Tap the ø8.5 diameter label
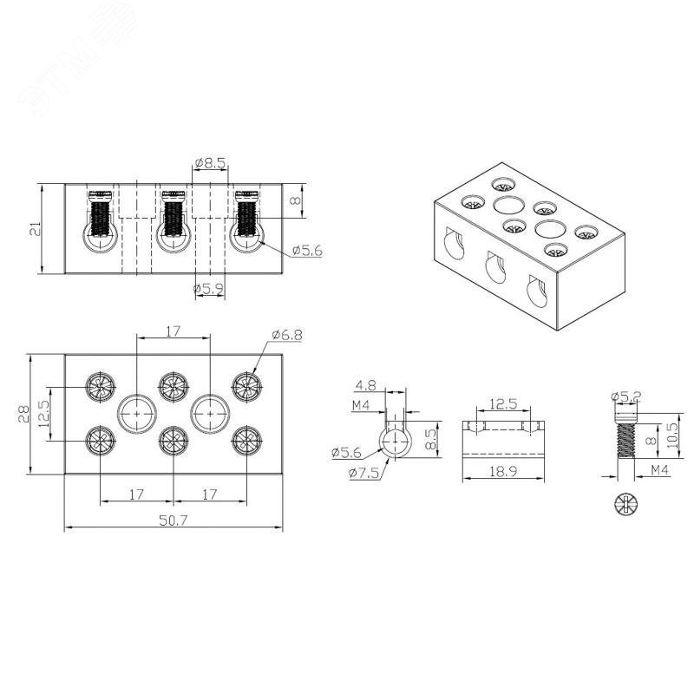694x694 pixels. coord(210,162)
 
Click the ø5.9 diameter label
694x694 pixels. coord(208,287)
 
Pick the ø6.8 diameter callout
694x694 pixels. coord(286,334)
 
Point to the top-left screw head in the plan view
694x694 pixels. coord(100,384)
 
